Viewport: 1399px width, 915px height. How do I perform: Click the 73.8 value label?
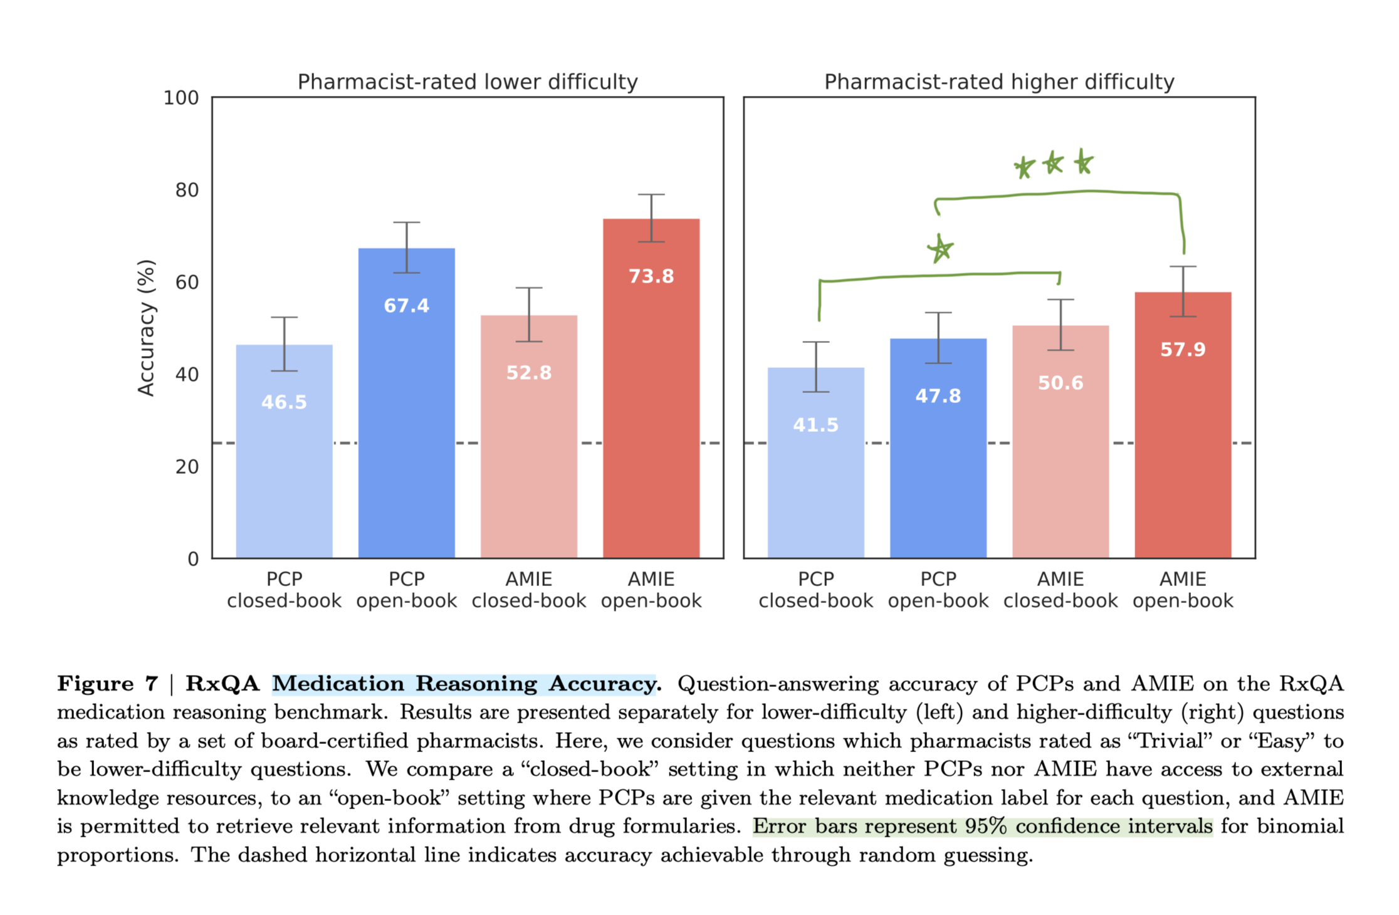[x=651, y=276]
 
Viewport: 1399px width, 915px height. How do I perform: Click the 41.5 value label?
[x=815, y=426]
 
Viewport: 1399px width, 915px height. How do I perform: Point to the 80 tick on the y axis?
[x=187, y=190]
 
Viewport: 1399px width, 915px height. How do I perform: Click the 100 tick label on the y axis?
[x=181, y=98]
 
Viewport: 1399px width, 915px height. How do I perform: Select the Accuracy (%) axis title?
[x=146, y=328]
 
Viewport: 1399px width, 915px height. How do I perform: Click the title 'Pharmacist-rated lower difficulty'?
[x=468, y=82]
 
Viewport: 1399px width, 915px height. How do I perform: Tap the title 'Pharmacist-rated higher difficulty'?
[x=999, y=82]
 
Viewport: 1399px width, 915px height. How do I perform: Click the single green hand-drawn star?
[x=940, y=249]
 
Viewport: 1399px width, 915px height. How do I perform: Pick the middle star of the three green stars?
[x=1053, y=164]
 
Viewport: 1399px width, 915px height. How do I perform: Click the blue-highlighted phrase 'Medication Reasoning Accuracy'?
[x=464, y=684]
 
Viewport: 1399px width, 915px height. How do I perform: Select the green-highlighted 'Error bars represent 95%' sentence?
[x=982, y=827]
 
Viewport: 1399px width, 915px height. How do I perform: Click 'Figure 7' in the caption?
[x=107, y=684]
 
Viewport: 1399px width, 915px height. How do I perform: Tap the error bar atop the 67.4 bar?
[x=407, y=248]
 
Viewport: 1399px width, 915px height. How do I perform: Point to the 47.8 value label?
[x=938, y=396]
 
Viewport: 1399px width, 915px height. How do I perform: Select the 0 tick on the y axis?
[x=193, y=559]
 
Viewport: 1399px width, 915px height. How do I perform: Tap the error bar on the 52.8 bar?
[x=529, y=315]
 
